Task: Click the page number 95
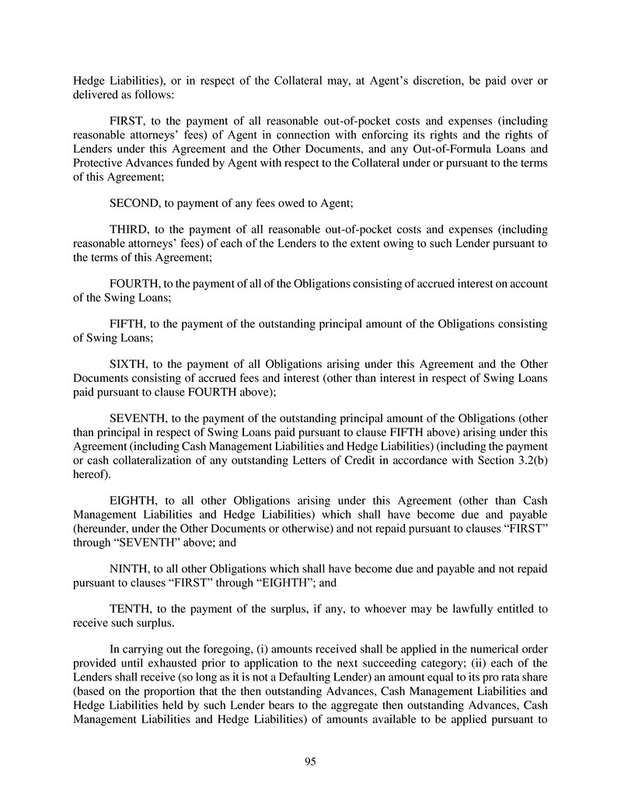point(310,762)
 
